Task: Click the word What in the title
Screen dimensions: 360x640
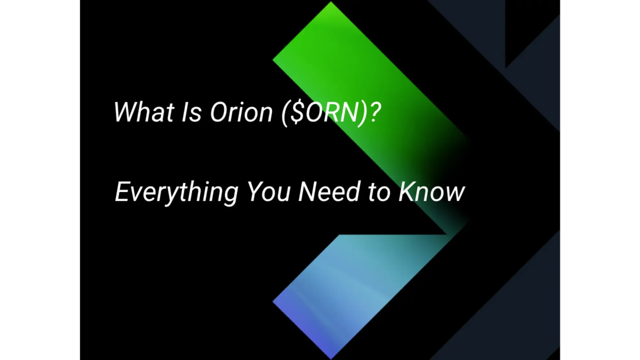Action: [x=144, y=112]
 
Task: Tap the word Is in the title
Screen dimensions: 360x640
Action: [x=191, y=112]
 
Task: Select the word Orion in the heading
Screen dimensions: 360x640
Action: [x=241, y=112]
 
